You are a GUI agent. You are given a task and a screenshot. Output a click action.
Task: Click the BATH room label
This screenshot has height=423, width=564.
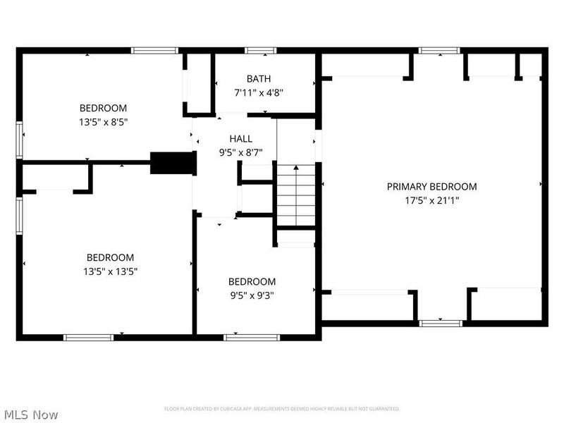tap(258, 79)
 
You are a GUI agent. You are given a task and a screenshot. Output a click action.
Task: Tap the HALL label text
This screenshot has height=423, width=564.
tap(240, 139)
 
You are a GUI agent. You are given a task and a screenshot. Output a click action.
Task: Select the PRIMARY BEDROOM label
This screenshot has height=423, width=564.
tap(431, 187)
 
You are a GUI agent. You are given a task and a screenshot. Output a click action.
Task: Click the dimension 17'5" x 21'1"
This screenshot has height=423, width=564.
tap(431, 200)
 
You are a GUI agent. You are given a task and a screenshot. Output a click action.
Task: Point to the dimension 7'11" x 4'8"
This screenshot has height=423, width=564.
tap(258, 92)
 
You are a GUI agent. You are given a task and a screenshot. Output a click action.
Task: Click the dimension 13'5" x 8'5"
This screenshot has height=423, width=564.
tap(103, 121)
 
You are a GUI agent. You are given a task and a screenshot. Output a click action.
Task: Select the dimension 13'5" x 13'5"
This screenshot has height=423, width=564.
tap(110, 271)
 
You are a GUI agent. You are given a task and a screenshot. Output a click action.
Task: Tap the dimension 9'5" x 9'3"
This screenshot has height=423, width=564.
tap(252, 295)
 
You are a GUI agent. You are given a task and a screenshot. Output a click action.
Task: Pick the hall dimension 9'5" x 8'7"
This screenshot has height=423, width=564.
tap(240, 152)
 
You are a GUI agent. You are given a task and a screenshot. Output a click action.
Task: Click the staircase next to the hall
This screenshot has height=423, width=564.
tap(295, 195)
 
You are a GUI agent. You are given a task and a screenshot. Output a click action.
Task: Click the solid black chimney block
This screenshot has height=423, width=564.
tap(172, 163)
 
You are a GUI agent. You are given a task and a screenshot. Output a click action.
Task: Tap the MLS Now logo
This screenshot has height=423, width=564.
tap(30, 415)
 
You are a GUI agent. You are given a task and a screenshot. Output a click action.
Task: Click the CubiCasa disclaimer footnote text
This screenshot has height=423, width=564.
tap(282, 409)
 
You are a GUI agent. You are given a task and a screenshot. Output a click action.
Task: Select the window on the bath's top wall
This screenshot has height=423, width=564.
tap(261, 51)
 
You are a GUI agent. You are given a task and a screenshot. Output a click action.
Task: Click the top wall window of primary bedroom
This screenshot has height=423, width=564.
tap(439, 51)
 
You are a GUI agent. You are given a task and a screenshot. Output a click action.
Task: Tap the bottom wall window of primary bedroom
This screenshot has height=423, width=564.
tap(440, 323)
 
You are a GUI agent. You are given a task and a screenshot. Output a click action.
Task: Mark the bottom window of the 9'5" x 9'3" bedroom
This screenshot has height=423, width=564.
tap(252, 337)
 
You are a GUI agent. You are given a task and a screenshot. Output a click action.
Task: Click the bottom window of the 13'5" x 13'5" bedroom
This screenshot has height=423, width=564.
tap(89, 337)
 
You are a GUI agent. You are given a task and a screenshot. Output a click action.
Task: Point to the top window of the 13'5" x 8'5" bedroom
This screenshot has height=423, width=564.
tap(154, 51)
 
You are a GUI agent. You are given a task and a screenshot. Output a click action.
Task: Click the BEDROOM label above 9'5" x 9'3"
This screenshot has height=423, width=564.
tap(252, 282)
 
